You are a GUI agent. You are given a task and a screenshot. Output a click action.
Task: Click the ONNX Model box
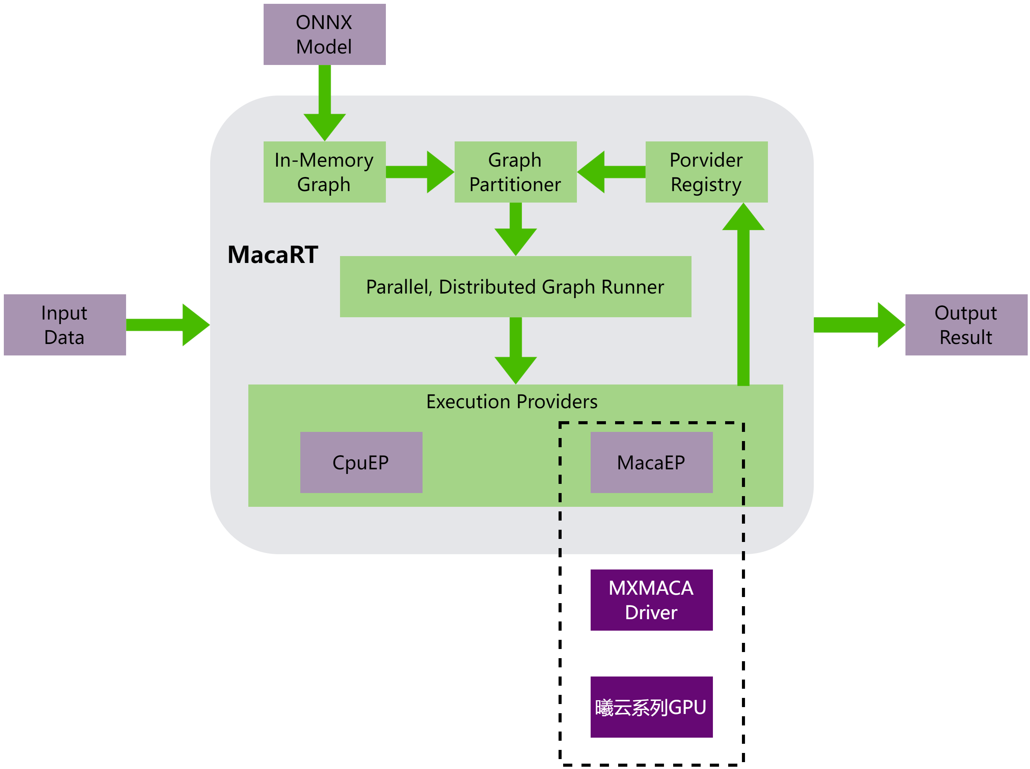pos(324,34)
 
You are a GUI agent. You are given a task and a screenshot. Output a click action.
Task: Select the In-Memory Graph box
pos(324,172)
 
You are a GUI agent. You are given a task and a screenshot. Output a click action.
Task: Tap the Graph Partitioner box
pos(515,172)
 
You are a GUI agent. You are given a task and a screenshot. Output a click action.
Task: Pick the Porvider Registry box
pos(706,172)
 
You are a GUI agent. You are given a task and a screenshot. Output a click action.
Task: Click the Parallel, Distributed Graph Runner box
pos(515,287)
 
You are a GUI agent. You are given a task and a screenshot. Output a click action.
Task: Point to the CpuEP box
pos(361,462)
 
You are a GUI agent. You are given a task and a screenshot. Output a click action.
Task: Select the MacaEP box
pos(651,462)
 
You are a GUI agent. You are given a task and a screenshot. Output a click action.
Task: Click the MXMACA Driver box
pos(651,600)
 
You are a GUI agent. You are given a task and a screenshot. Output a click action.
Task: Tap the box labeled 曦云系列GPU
pos(651,707)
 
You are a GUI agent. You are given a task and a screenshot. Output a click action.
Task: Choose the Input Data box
pos(65,325)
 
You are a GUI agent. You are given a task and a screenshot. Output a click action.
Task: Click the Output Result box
pos(966,325)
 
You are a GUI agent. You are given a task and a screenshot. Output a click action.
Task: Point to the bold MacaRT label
pos(273,255)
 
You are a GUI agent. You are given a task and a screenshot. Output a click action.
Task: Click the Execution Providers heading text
pos(512,401)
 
